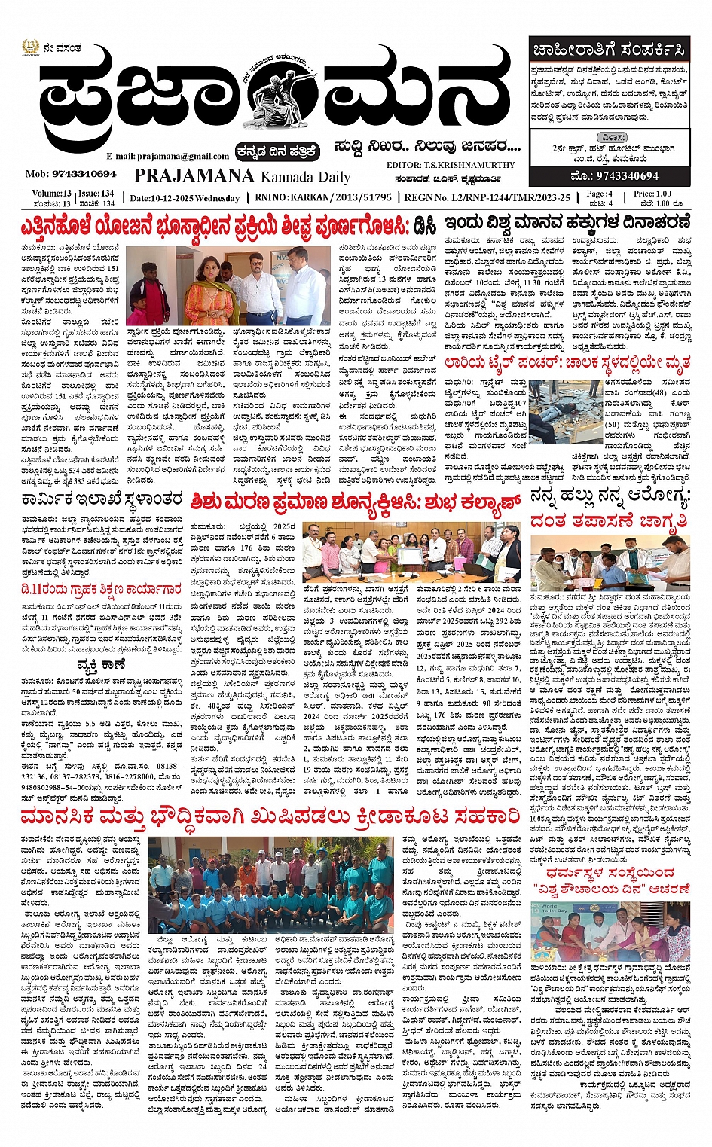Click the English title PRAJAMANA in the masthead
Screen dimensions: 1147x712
click(x=194, y=176)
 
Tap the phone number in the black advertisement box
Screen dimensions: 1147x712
click(x=616, y=176)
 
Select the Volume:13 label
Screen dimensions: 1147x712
click(x=52, y=194)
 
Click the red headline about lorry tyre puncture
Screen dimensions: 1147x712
click(x=567, y=365)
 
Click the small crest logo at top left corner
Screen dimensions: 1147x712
click(x=29, y=49)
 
